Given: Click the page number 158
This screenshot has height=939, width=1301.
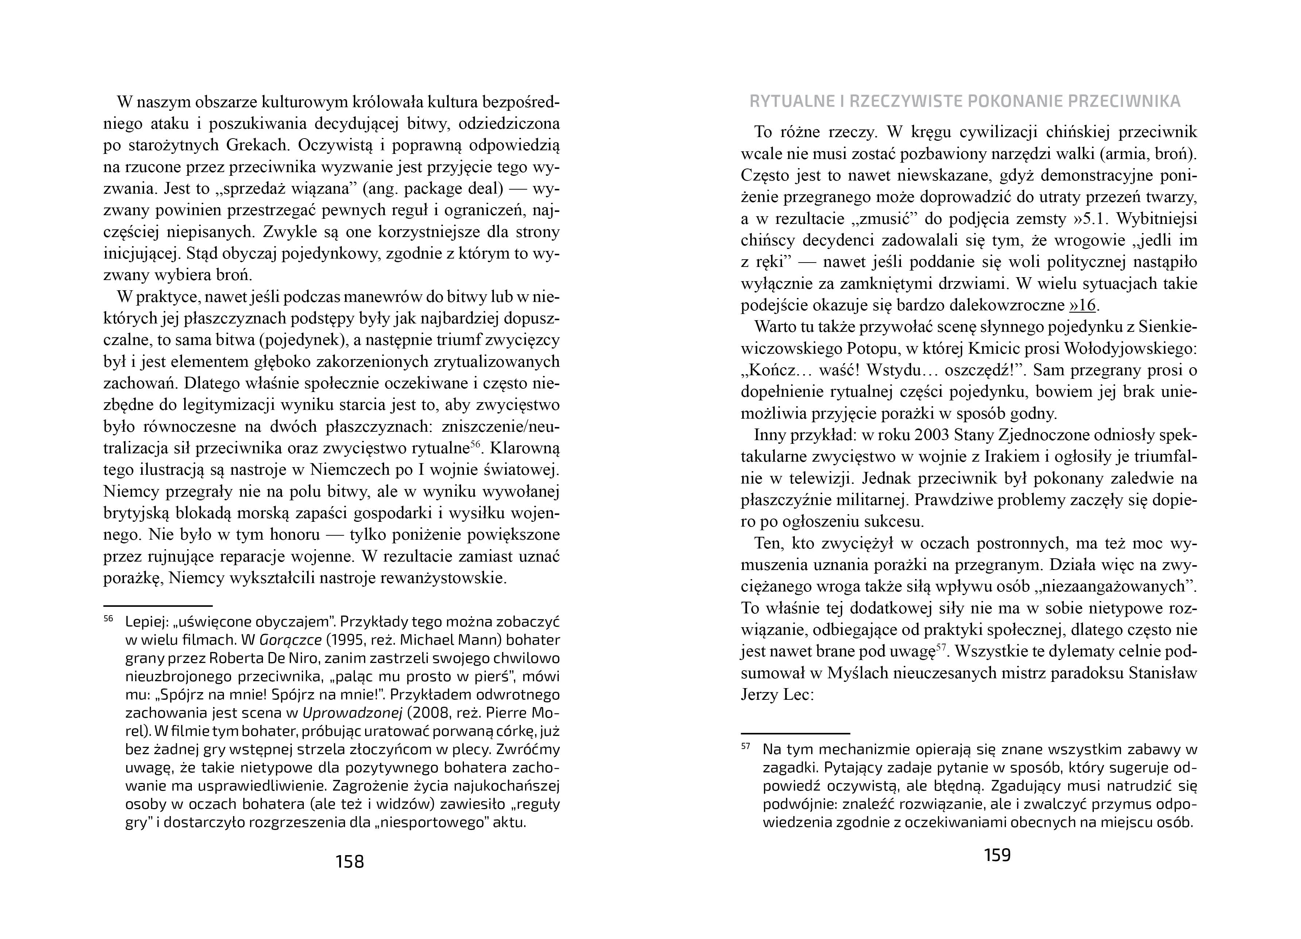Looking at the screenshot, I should click(x=350, y=862).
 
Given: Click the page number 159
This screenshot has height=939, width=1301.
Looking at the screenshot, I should click(x=997, y=855).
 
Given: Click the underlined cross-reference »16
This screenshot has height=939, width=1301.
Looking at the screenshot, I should click(x=1083, y=305).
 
